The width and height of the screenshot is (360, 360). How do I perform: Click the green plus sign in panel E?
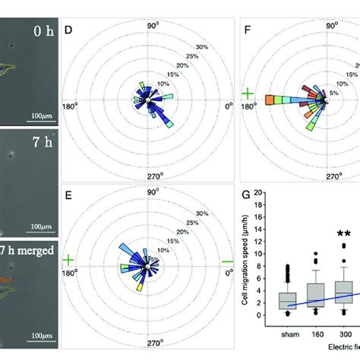[x=68, y=261]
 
